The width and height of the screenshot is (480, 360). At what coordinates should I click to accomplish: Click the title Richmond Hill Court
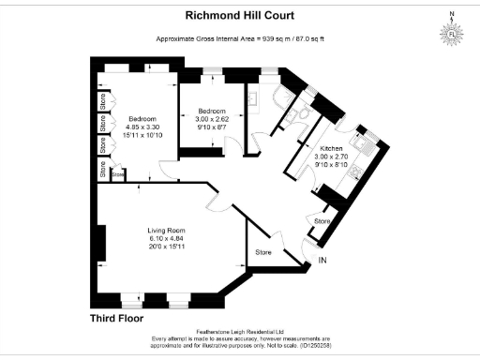pos(240,16)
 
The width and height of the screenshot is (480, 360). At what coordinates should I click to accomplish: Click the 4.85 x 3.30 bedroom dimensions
pos(142,127)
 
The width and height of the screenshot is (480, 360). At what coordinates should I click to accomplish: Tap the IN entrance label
pos(324,260)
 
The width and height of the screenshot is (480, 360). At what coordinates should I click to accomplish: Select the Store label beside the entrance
pos(263,252)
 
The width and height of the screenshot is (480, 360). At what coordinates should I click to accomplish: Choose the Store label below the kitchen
pos(322,221)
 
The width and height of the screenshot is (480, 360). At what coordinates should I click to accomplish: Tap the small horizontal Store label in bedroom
pos(118,173)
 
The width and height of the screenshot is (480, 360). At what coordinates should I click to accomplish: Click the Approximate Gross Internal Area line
pos(240,39)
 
